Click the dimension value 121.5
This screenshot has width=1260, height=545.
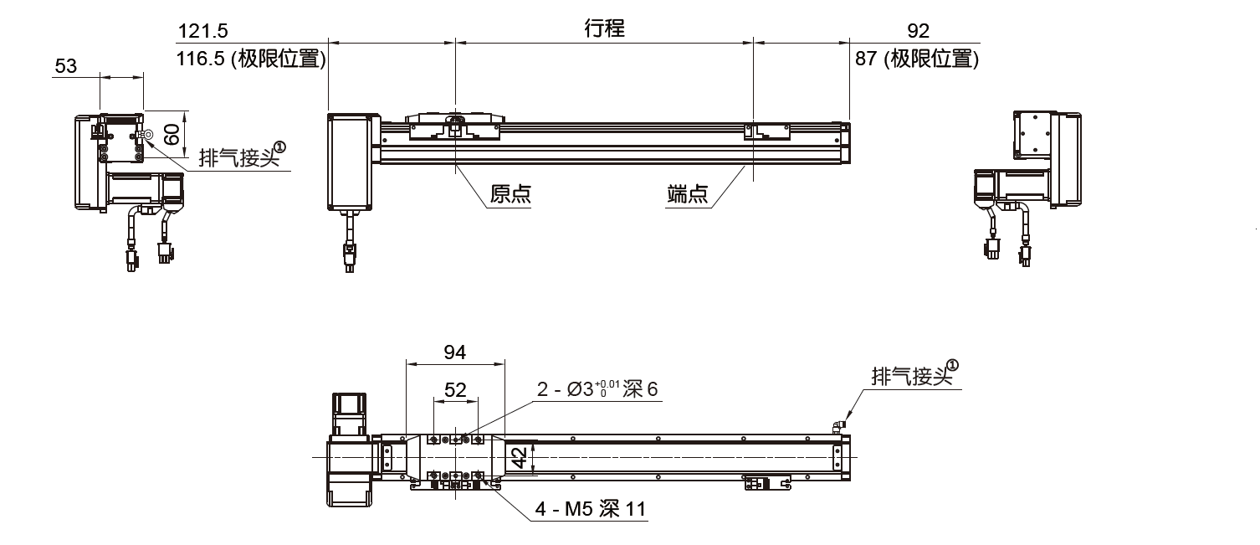click(202, 32)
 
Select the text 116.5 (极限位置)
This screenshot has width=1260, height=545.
click(251, 59)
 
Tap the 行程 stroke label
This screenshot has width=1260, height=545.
click(604, 28)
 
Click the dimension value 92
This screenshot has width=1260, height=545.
click(918, 32)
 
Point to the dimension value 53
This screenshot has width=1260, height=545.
click(65, 66)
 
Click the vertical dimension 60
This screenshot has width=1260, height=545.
click(172, 134)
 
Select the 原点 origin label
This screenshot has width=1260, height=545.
click(510, 195)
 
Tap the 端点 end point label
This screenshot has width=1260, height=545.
click(688, 195)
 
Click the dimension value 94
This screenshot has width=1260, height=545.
click(454, 352)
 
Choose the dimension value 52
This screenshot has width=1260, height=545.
click(455, 389)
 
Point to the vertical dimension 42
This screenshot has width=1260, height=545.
click(519, 457)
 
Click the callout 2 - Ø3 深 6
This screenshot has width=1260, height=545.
click(597, 389)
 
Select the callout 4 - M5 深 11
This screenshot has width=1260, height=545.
click(591, 509)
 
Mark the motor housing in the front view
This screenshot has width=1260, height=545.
click(350, 162)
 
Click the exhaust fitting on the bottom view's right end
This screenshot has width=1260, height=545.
click(839, 426)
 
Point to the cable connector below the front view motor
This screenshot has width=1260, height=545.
click(348, 255)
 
